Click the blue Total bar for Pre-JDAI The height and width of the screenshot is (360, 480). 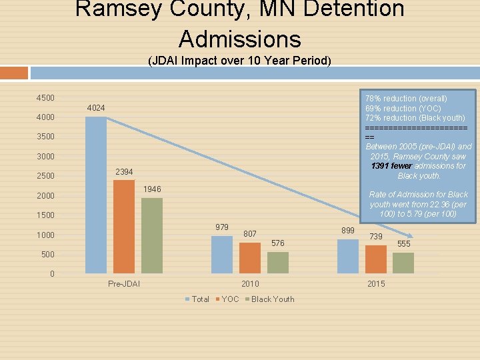[x=96, y=195]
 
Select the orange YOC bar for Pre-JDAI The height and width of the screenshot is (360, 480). [x=123, y=227]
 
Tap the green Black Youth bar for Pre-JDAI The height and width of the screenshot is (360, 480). [x=151, y=235]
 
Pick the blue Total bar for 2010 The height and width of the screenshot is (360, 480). [x=222, y=254]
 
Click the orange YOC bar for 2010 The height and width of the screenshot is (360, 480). [x=250, y=257]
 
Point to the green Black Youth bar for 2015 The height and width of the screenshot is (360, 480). [x=403, y=263]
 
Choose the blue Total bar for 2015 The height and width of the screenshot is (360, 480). [x=347, y=256]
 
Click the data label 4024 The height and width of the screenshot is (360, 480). [x=96, y=108]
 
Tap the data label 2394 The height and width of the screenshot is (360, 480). [x=124, y=172]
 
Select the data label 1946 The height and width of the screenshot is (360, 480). [x=152, y=189]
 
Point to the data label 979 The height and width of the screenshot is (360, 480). [x=222, y=227]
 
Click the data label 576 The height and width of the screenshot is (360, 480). [x=278, y=243]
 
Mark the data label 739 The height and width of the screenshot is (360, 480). [x=376, y=237]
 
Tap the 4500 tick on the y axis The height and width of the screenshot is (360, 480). [x=45, y=98]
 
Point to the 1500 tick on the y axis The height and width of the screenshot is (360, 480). [x=45, y=215]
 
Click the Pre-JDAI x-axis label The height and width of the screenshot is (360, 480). [x=124, y=284]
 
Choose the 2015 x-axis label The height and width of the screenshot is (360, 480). [x=376, y=284]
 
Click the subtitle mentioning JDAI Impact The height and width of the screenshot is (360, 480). [x=239, y=61]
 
